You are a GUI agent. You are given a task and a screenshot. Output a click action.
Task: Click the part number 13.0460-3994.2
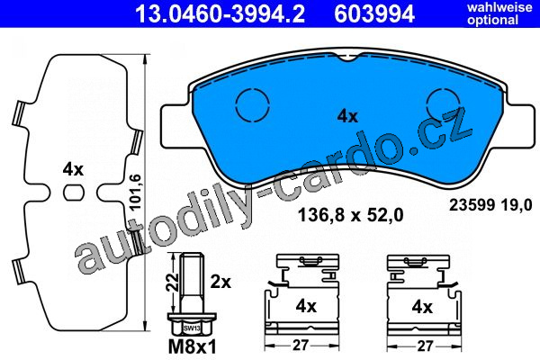pos(220,14)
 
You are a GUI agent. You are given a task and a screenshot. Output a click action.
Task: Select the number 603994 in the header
pos(374,14)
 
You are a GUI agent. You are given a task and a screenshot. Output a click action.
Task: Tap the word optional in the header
pos(492,20)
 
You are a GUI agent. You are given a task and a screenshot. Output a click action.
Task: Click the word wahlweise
pos(499,7)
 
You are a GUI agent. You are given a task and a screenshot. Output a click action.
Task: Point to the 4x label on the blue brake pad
pos(347,116)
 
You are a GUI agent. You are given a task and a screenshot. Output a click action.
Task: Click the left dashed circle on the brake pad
pos(253,104)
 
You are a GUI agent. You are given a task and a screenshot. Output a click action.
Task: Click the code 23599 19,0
pos(490,205)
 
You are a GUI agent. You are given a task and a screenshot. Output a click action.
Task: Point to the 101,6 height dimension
pos(137,193)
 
